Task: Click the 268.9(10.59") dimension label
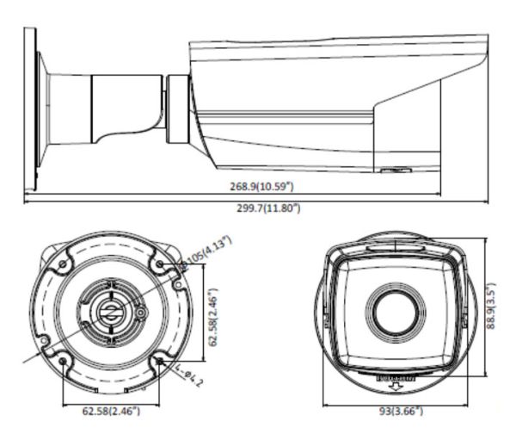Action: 267,185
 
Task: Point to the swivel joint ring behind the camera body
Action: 177,107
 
